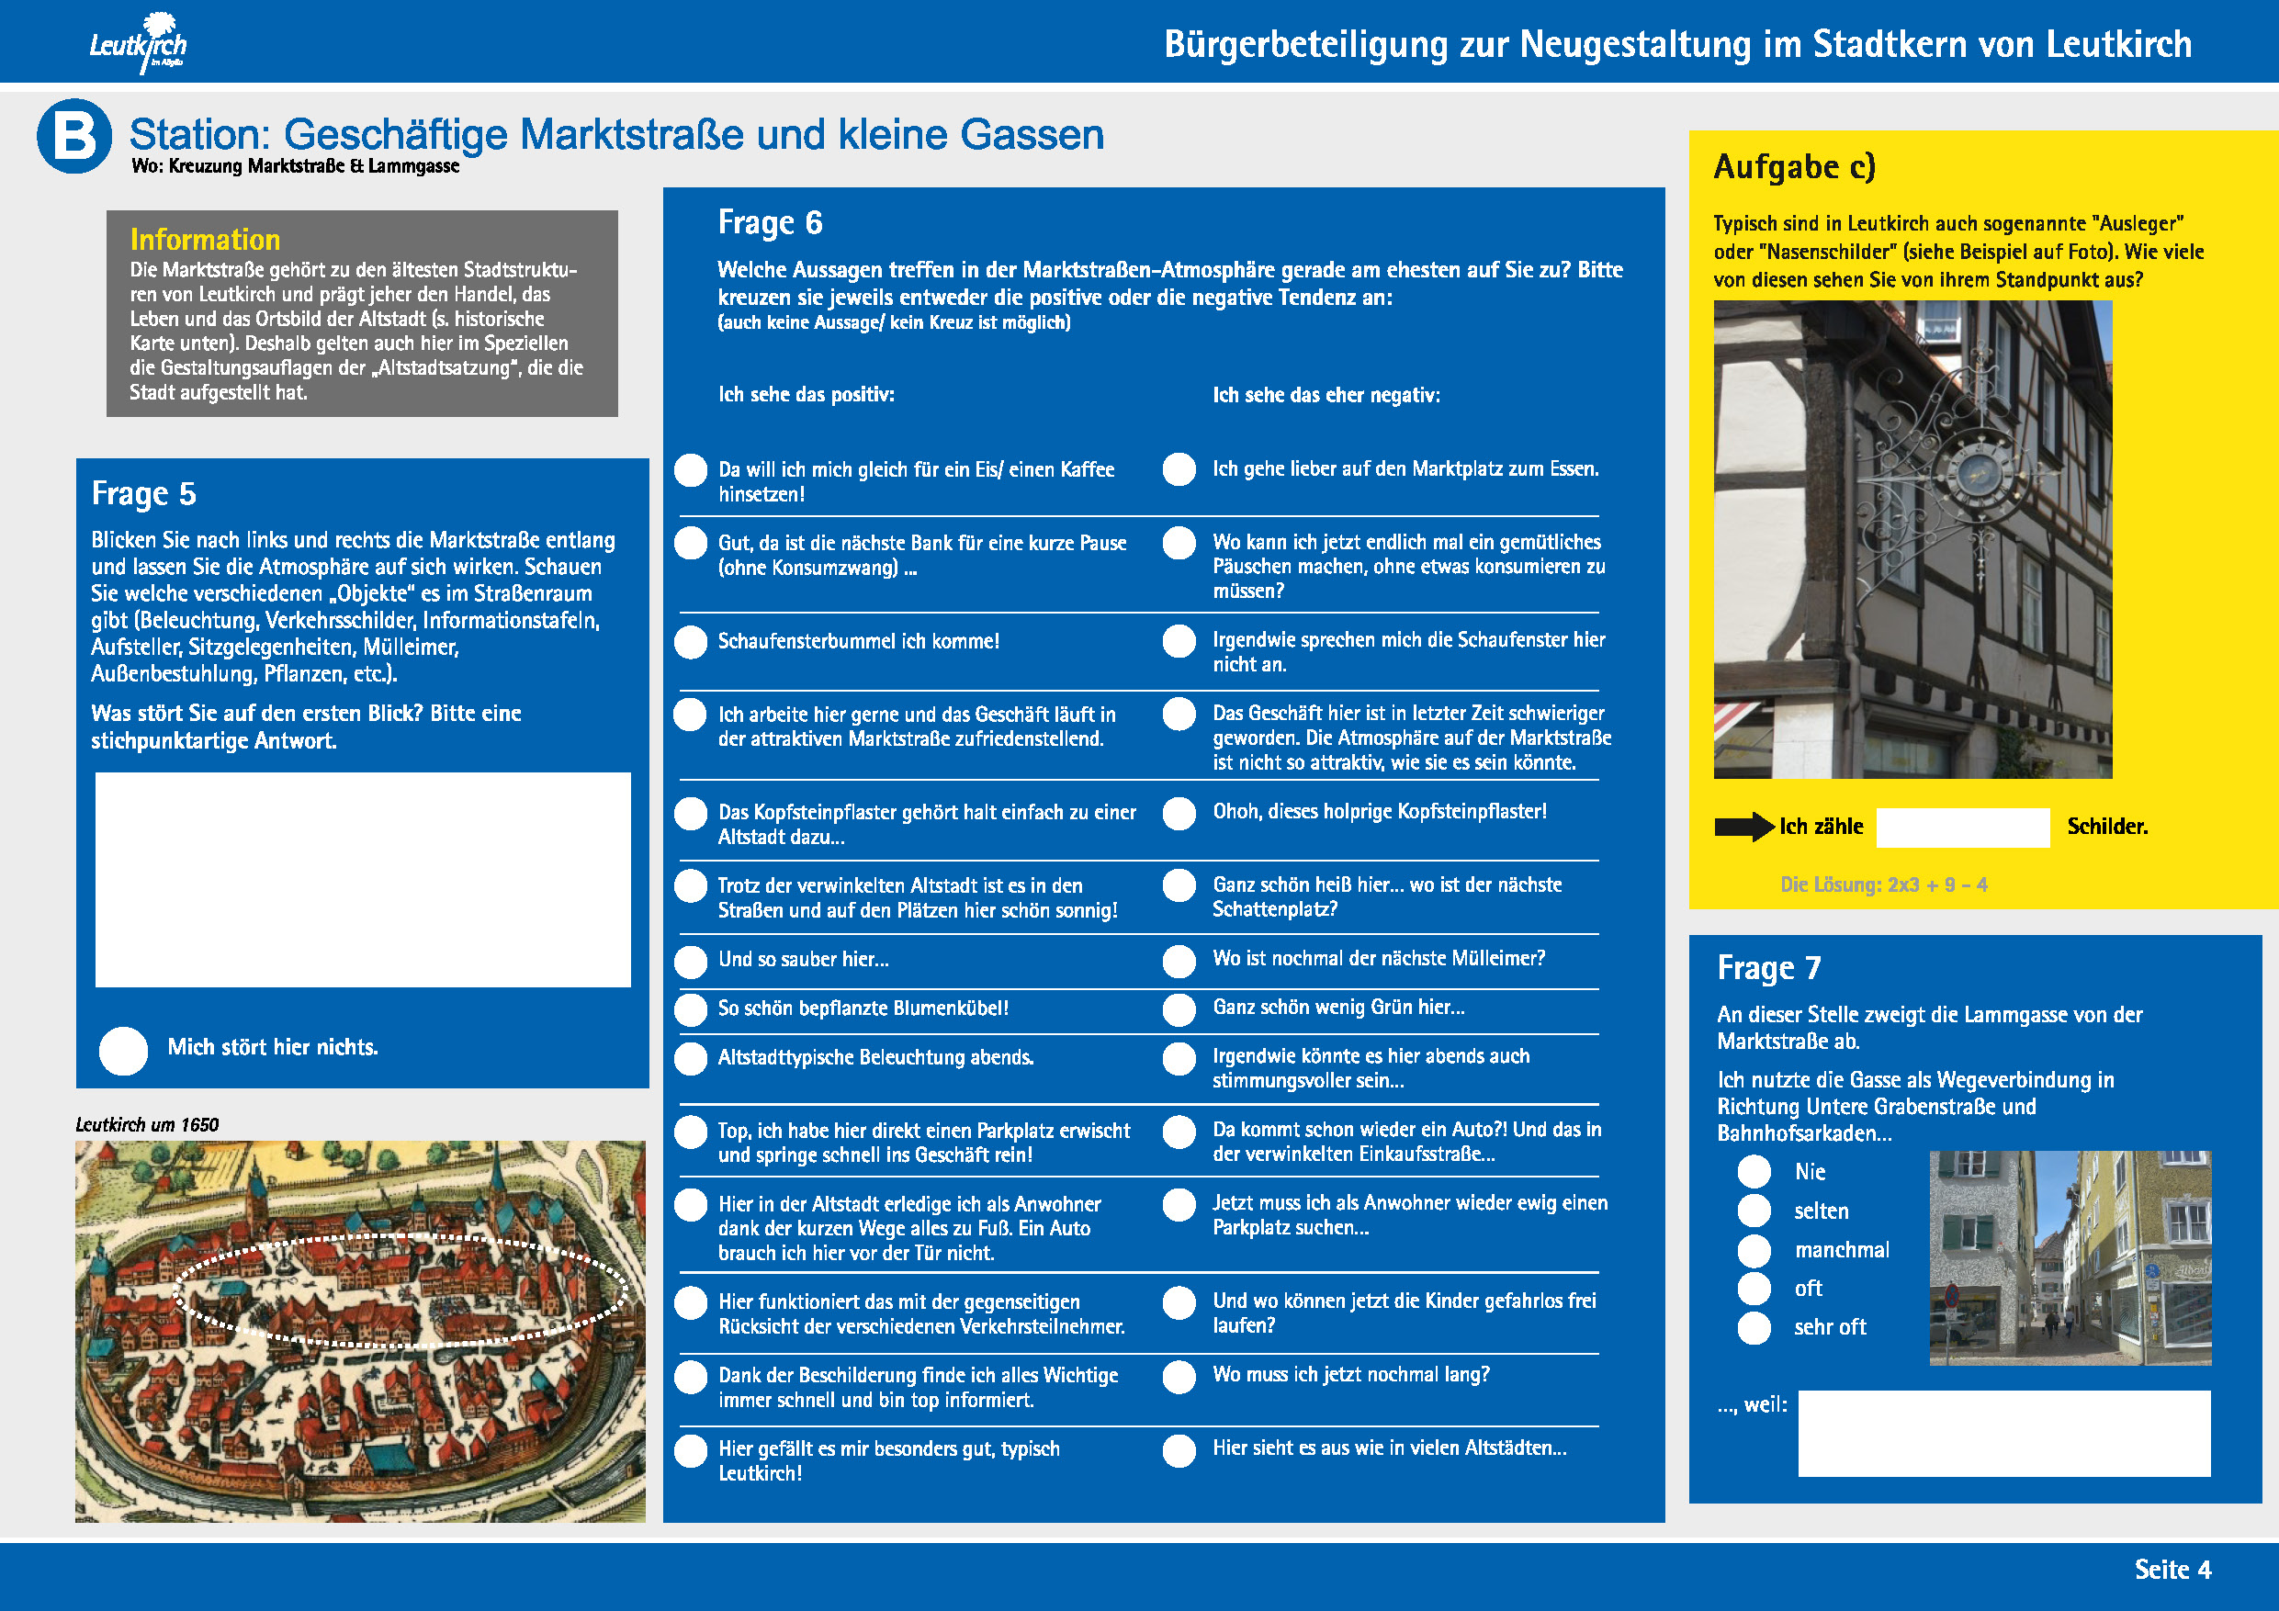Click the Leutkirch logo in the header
(x=139, y=42)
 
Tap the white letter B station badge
(x=74, y=136)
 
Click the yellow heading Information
(x=205, y=239)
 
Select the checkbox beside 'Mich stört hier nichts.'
(x=124, y=1050)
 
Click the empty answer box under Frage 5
(x=362, y=880)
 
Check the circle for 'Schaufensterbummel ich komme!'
(x=691, y=642)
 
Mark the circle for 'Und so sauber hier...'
(x=691, y=961)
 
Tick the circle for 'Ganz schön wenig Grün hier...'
(x=1179, y=1009)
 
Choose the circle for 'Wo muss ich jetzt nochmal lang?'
(x=1179, y=1377)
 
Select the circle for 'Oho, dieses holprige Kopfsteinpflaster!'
(x=1179, y=814)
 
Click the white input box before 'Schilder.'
(x=1962, y=827)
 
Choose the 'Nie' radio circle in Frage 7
(x=1754, y=1171)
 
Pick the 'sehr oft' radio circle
(x=1754, y=1328)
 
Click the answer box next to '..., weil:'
(x=2003, y=1432)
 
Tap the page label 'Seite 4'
(x=2172, y=1570)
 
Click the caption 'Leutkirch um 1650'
(x=147, y=1124)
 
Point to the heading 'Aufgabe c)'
(x=1794, y=167)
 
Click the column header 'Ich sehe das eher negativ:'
(x=1326, y=395)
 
